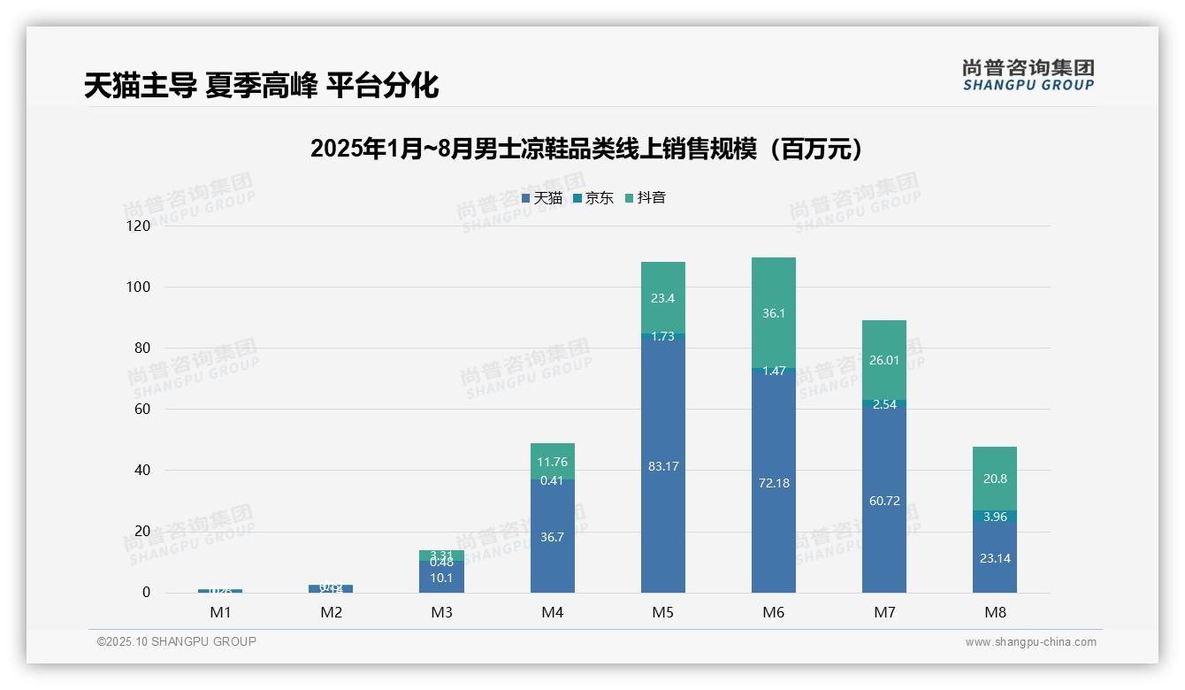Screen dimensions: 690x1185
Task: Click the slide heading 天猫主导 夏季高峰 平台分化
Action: pos(261,86)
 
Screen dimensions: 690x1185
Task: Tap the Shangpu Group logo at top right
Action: pos(1028,75)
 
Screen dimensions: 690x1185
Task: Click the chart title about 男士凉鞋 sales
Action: pos(585,149)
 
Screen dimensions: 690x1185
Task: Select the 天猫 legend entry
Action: pos(542,198)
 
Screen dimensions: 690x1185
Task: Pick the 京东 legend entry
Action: pos(593,198)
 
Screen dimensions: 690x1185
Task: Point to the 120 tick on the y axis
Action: pos(139,226)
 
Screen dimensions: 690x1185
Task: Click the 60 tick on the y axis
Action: pos(141,410)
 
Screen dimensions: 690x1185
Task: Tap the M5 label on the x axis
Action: pos(662,612)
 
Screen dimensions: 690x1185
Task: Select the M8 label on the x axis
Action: pos(994,612)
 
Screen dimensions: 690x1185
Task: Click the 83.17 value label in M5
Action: pos(663,466)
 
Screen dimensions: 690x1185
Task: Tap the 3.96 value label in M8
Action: pos(995,517)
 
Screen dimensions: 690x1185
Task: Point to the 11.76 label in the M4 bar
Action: pos(552,461)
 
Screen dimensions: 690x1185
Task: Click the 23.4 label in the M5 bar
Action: pos(663,298)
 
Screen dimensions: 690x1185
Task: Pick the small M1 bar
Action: pos(220,590)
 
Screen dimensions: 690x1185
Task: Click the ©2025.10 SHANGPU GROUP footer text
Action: pos(177,641)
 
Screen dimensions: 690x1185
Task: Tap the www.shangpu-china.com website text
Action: pos(1030,642)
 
